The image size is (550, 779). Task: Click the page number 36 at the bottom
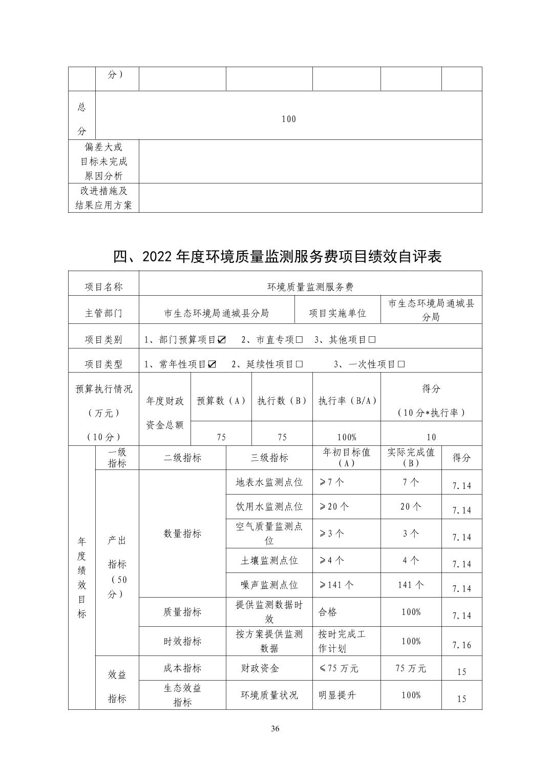pyautogui.click(x=275, y=729)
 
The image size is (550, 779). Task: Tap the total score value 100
pyautogui.click(x=289, y=119)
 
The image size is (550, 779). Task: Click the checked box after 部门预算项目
pyautogui.click(x=221, y=340)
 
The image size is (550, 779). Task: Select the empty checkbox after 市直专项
pyautogui.click(x=300, y=340)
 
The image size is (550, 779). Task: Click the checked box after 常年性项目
pyautogui.click(x=211, y=364)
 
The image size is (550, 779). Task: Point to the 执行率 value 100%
pyautogui.click(x=346, y=437)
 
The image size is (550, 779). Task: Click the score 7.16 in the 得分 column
pyautogui.click(x=461, y=645)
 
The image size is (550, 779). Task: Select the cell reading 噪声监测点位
pyautogui.click(x=269, y=585)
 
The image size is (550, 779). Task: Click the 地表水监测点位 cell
pyautogui.click(x=269, y=482)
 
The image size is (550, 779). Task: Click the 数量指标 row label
pyautogui.click(x=182, y=534)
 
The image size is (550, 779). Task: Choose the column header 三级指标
pyautogui.click(x=269, y=458)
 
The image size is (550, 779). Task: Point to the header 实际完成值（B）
pyautogui.click(x=411, y=458)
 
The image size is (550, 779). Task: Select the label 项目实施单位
pyautogui.click(x=337, y=313)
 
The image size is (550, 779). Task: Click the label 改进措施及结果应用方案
pyautogui.click(x=103, y=198)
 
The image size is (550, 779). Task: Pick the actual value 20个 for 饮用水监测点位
pyautogui.click(x=411, y=506)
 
